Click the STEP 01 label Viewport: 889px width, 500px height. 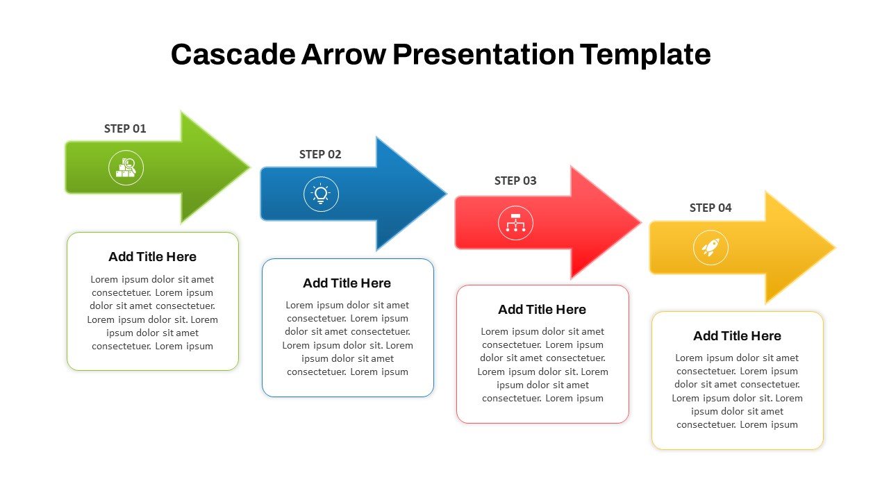coord(125,128)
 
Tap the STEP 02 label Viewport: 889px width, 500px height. coord(320,154)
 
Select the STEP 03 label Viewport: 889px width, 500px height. coord(515,181)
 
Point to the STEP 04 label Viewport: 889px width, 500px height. coord(711,208)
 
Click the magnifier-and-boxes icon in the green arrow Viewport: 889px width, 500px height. coord(126,167)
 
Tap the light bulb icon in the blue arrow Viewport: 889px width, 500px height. coord(321,194)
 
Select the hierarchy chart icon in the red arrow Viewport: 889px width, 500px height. coord(515,223)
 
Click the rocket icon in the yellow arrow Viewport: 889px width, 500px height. coord(711,247)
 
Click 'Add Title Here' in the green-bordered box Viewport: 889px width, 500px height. coord(152,257)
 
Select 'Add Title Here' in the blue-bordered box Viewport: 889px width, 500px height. coord(347,283)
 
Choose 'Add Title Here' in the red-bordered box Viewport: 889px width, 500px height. coord(542,310)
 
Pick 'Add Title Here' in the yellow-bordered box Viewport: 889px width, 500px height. coord(737,336)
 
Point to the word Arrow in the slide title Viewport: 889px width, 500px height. coord(342,54)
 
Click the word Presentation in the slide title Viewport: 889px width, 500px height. coord(483,54)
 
